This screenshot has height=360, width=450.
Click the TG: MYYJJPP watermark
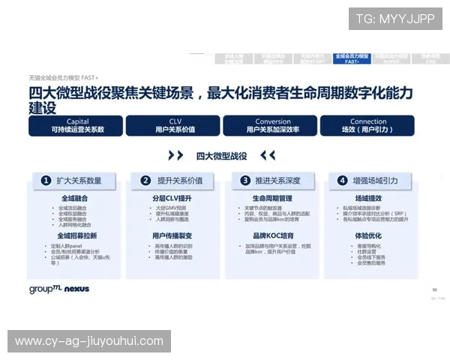tap(395, 19)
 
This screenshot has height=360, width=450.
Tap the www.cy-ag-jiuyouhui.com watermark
tap(89, 341)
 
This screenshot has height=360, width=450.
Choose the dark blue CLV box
tap(174, 125)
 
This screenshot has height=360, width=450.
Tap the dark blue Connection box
tap(368, 125)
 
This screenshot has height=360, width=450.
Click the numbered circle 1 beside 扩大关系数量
tap(46, 180)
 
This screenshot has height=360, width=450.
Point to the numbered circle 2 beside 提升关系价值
tap(145, 180)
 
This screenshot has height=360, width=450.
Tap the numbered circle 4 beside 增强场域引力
tap(342, 180)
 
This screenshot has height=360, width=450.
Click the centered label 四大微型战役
tap(221, 155)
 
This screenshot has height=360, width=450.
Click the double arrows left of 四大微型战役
tap(176, 155)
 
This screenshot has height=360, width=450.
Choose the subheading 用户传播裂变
tap(172, 235)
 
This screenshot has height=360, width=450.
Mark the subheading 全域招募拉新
tap(78, 235)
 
